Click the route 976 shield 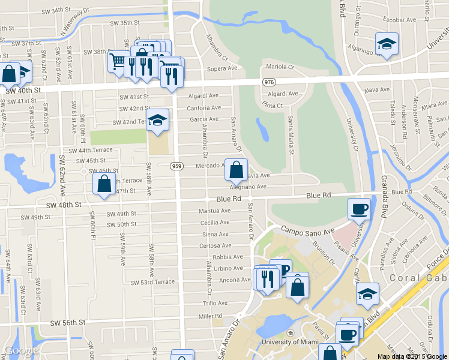(268, 81)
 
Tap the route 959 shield (176, 166)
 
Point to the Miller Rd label (210, 316)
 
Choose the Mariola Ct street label (280, 67)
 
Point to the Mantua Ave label (214, 211)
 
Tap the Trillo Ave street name (215, 304)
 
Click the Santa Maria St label (290, 134)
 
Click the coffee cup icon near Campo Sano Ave (360, 209)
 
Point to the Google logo (20, 351)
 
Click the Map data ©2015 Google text (412, 356)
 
